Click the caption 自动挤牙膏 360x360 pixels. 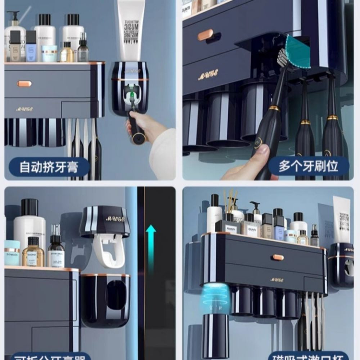tap(49, 167)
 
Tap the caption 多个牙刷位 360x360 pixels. tap(309, 166)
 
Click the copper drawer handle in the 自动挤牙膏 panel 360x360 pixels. tap(24, 84)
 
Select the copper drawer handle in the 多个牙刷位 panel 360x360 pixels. tap(206, 35)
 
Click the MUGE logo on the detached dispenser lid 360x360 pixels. tap(115, 218)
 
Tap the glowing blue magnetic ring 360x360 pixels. tap(215, 293)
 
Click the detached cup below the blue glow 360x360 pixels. tap(215, 335)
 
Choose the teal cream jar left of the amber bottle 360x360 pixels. tap(12, 253)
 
